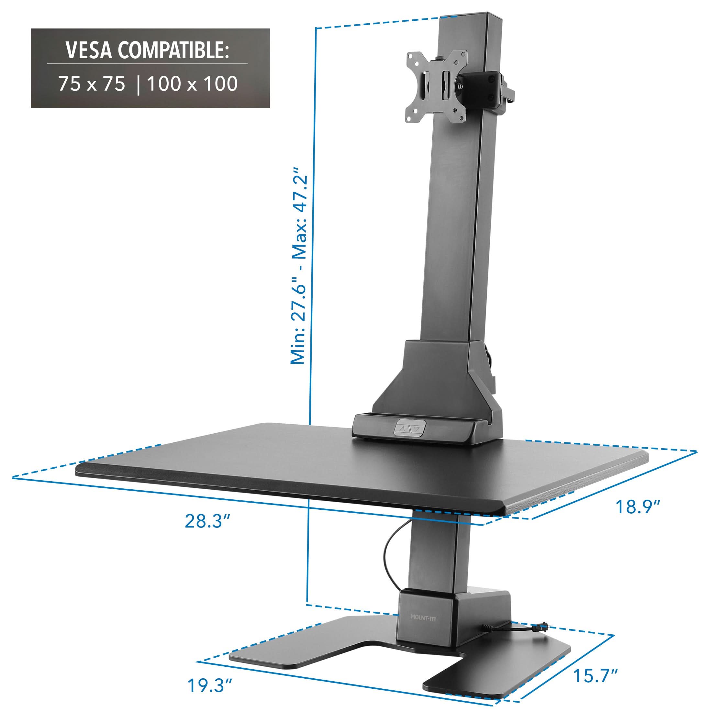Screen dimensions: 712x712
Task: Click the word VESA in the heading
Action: [89, 50]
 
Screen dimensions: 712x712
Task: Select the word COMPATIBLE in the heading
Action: [173, 50]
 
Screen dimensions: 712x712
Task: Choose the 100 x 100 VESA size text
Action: [192, 84]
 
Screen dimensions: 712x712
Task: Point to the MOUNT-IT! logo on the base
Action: [423, 617]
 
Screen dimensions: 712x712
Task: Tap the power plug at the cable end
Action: [542, 626]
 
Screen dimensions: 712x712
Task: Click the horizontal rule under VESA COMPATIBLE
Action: [147, 64]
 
